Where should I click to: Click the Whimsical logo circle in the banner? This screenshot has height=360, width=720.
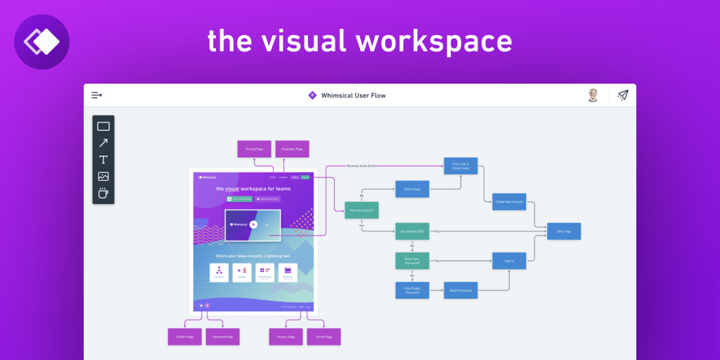tap(41, 41)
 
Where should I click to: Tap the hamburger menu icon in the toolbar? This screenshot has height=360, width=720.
tap(97, 95)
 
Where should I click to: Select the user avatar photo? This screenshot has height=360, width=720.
tap(593, 95)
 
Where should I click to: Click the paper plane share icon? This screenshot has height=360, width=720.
tap(622, 95)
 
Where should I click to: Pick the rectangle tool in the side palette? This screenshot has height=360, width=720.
tap(103, 127)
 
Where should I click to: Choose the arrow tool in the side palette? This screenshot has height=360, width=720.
tap(103, 143)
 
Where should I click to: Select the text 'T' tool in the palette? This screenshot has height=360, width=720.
tap(103, 160)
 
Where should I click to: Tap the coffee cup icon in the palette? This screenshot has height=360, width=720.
tap(103, 193)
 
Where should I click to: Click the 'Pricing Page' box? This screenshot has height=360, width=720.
tap(255, 149)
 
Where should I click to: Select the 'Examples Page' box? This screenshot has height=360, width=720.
tap(292, 149)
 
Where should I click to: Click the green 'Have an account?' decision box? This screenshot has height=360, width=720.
tap(361, 210)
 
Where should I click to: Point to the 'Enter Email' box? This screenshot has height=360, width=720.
tap(412, 189)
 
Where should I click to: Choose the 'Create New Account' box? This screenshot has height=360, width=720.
tap(509, 202)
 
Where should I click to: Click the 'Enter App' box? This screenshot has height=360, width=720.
tap(564, 231)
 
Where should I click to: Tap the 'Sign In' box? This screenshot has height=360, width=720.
tap(509, 261)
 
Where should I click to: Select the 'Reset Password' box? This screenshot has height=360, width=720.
tap(461, 290)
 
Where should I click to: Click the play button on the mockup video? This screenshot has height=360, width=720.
tap(253, 225)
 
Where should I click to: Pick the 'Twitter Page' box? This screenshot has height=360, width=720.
tap(185, 337)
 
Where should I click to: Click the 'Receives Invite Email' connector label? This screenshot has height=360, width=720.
tap(361, 166)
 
